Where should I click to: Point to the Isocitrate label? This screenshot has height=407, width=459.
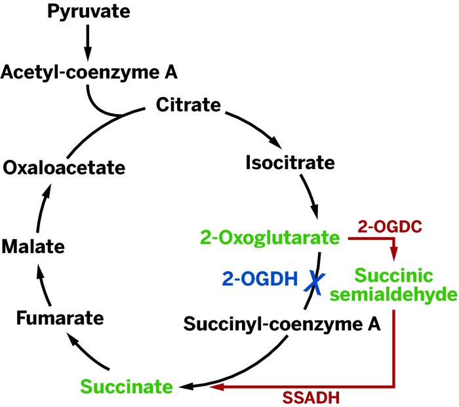[290, 161]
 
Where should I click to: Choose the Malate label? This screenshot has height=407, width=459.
[32, 247]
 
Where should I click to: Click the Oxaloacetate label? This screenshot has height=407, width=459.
[64, 168]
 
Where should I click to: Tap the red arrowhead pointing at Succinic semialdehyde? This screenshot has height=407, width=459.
[394, 254]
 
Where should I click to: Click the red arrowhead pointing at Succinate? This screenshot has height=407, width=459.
[216, 387]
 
